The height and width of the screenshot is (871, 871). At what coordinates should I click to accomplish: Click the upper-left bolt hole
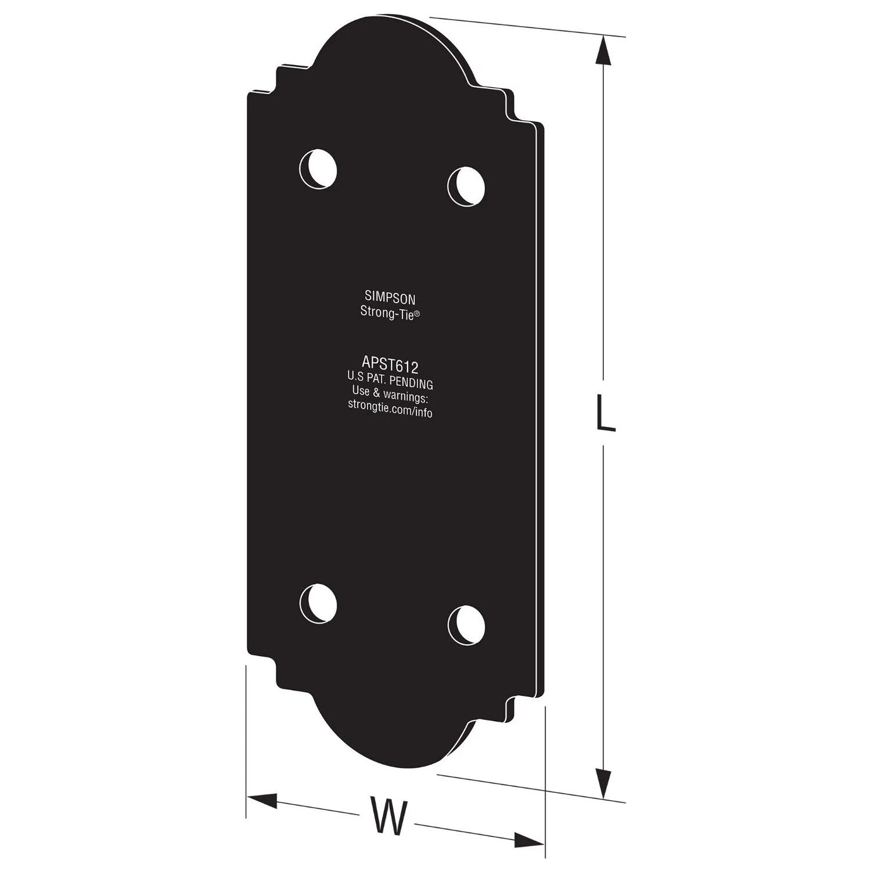coord(318,168)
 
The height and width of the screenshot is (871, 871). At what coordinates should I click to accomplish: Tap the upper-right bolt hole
coord(466,186)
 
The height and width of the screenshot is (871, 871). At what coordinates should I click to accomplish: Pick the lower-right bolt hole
coord(466,624)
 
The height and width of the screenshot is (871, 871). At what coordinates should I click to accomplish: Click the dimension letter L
coord(605,412)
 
